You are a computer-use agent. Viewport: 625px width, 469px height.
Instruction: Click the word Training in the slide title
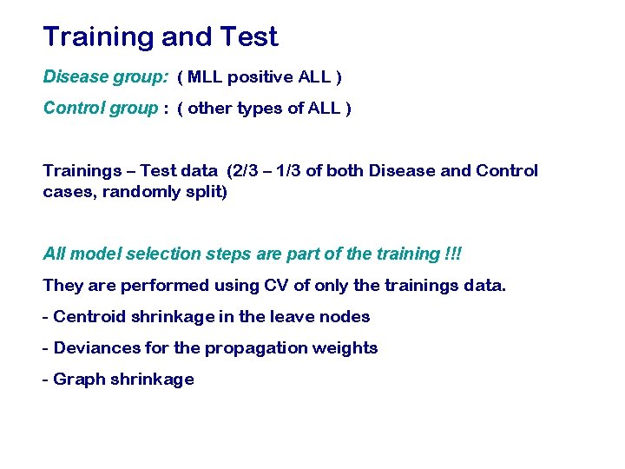click(x=98, y=37)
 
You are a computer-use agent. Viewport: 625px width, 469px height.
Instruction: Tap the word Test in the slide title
click(x=249, y=37)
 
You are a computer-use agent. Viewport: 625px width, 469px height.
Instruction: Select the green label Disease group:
click(x=105, y=77)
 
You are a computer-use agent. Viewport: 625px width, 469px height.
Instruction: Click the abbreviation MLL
click(x=205, y=77)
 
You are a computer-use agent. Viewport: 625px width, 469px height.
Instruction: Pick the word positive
click(x=260, y=77)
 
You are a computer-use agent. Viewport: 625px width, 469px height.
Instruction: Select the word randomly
click(x=141, y=192)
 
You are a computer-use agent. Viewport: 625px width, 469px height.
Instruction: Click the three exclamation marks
click(x=453, y=254)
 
